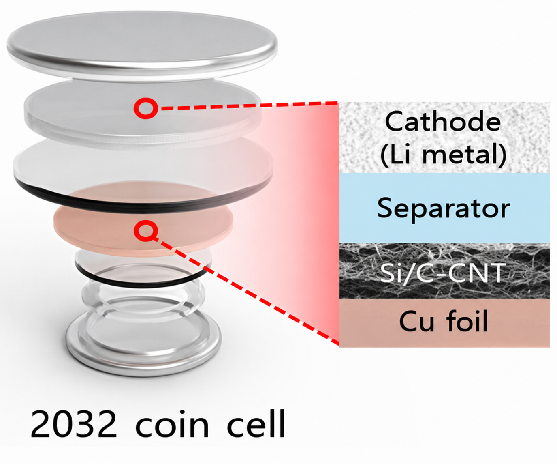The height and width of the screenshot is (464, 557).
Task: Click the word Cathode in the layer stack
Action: point(443,122)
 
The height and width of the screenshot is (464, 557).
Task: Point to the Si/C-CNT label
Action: point(443,273)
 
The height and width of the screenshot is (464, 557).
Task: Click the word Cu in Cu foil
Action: point(416,321)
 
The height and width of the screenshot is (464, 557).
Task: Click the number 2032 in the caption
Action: point(74,424)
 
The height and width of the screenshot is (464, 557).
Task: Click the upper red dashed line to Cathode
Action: point(248,105)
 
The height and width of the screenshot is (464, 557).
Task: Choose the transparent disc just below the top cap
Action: point(143,115)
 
